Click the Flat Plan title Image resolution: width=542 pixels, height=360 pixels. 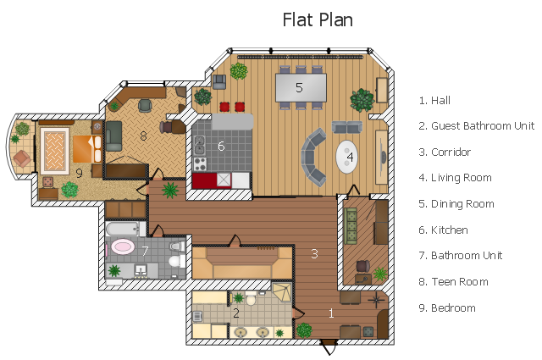(x=318, y=19)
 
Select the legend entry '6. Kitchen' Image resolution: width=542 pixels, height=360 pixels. (x=443, y=230)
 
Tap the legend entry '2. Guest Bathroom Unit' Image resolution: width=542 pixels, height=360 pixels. (x=476, y=126)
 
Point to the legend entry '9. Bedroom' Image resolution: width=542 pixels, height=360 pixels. (x=447, y=307)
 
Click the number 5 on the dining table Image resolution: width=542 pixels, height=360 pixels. (x=299, y=87)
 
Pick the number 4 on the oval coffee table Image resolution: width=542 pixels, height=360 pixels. (x=350, y=157)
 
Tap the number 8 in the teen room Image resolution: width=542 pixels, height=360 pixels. (x=143, y=136)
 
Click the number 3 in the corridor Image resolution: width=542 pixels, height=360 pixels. (x=314, y=254)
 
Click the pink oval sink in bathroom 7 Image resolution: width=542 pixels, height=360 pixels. (x=123, y=246)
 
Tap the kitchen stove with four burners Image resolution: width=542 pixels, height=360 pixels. (x=200, y=164)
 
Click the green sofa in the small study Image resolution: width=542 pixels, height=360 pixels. (x=351, y=226)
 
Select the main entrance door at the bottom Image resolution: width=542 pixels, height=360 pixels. (x=329, y=346)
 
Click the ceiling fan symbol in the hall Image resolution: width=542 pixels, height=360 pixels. (x=376, y=300)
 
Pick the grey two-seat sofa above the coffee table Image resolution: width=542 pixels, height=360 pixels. (x=347, y=127)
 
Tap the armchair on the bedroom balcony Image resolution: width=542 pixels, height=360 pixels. (x=22, y=158)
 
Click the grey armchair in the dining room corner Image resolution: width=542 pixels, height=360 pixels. (x=219, y=82)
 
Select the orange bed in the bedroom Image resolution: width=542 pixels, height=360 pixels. (x=87, y=149)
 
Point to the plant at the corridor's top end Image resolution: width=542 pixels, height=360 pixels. (x=170, y=191)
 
